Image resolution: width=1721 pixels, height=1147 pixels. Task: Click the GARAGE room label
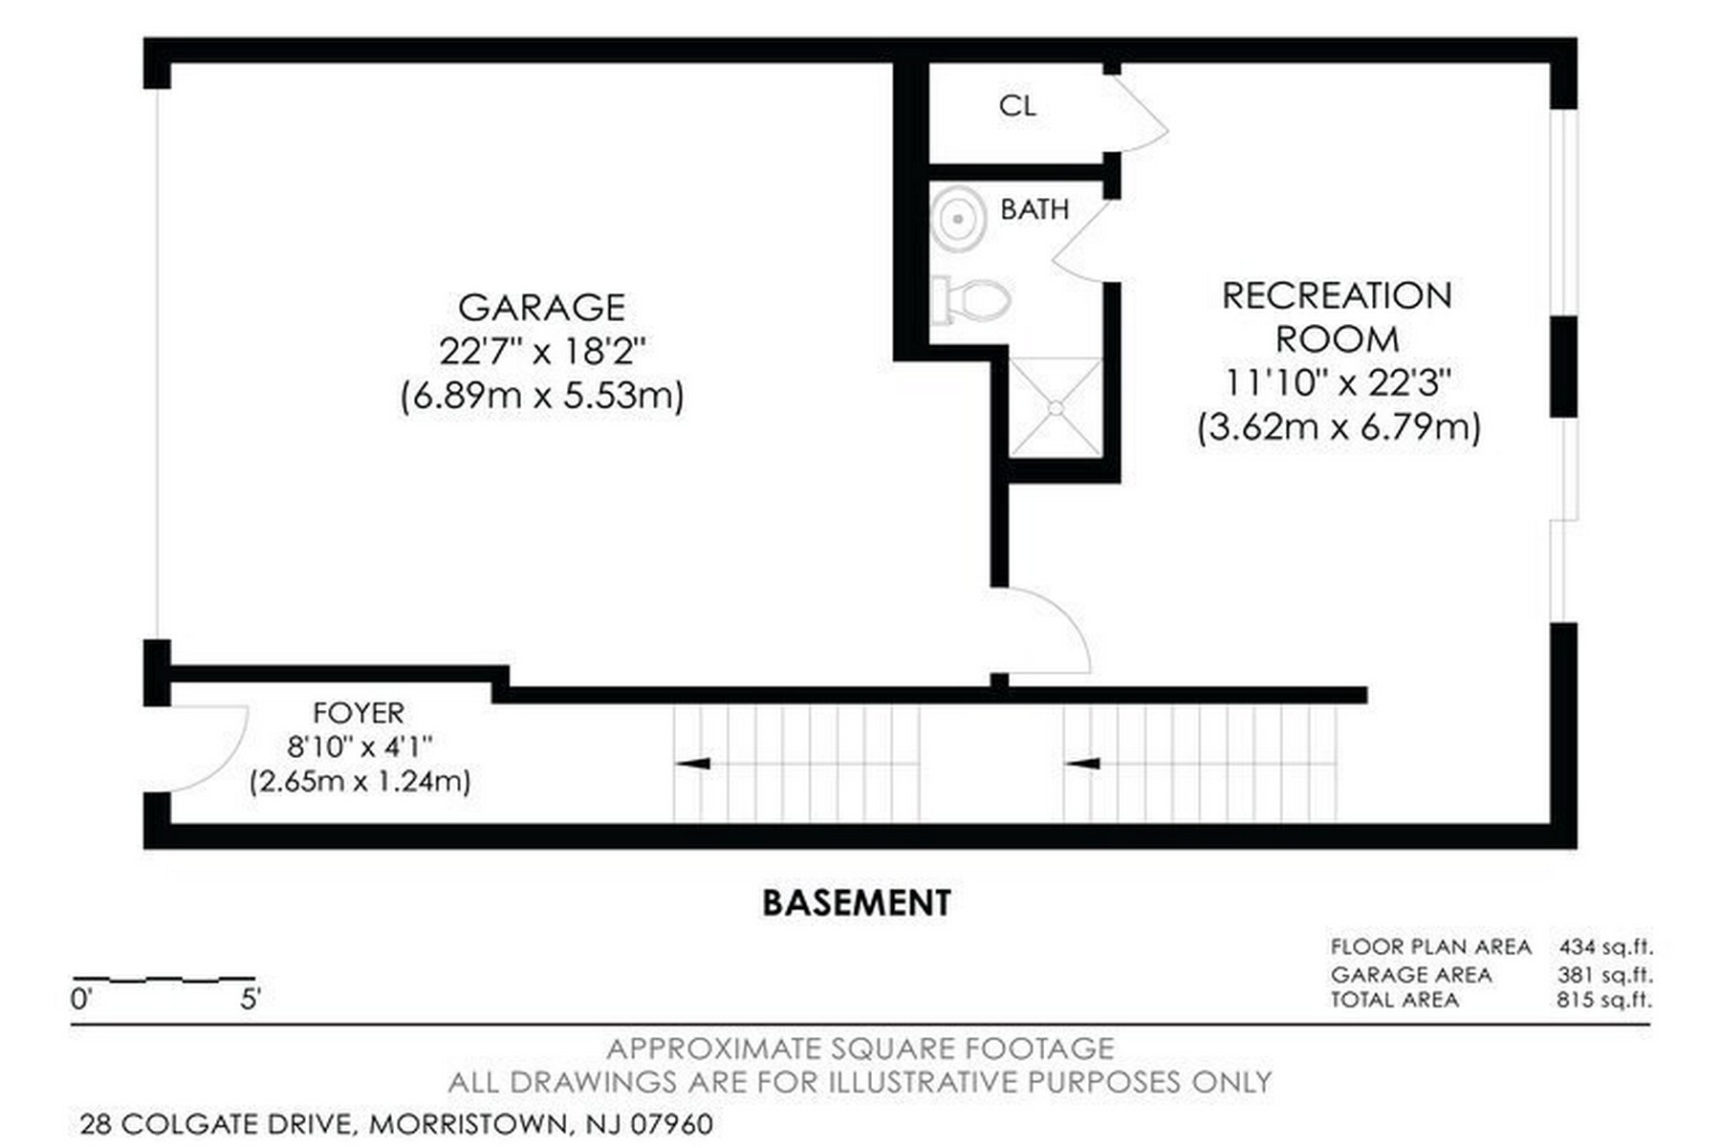tap(541, 308)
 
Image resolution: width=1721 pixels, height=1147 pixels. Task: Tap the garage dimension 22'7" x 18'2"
tap(542, 352)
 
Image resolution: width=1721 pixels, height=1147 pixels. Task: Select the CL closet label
tap(1017, 106)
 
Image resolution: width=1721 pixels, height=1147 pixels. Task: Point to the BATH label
tap(1035, 209)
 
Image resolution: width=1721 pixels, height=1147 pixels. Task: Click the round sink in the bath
tap(958, 219)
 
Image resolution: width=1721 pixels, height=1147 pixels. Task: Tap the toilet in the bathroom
tap(971, 300)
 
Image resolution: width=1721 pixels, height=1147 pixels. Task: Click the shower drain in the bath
tap(1056, 408)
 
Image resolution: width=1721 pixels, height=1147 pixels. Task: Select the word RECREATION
tap(1337, 296)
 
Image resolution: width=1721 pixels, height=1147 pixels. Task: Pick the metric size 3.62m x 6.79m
tap(1339, 426)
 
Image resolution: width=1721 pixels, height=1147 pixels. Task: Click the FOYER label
tap(359, 713)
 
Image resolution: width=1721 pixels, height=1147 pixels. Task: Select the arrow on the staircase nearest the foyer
tap(693, 763)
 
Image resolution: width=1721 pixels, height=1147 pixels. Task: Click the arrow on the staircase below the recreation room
tap(1083, 763)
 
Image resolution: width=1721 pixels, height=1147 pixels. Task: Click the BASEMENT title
tap(857, 903)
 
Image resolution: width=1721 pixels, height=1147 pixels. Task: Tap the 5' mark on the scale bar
tap(251, 1001)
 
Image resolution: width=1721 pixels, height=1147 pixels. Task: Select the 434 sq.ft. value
tap(1605, 947)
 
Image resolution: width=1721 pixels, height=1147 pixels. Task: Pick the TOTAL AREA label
tap(1395, 1000)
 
